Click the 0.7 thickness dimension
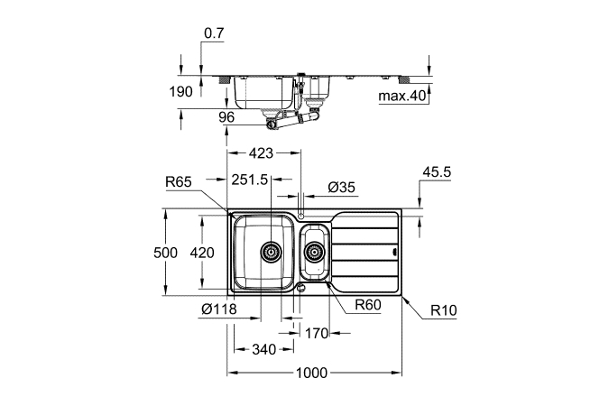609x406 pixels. pos(215,33)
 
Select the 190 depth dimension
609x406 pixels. pos(180,92)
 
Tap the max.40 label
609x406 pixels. pos(402,96)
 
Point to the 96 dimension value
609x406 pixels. pos(226,117)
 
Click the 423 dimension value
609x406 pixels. pos(261,153)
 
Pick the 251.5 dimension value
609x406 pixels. pos(250,180)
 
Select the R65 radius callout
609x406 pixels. pos(179,181)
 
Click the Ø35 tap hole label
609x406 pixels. pos(342,188)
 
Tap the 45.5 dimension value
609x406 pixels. pos(437,171)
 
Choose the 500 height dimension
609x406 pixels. pos(165,253)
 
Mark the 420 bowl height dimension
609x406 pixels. pos(202,253)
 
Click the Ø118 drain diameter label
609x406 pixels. pos(219,309)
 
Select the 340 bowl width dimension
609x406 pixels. pos(264,349)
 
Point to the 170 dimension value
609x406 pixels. pos(317,333)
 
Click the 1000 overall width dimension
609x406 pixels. pos(312,373)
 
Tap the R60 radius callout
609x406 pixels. pos(368,305)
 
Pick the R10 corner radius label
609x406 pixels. pos(444,310)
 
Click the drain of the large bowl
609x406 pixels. pos(271,252)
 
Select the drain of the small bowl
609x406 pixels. pos(314,253)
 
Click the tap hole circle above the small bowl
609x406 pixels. pos(300,216)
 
